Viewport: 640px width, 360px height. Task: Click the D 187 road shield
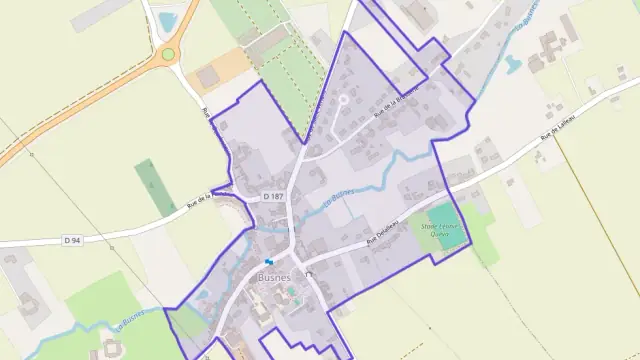tap(274, 197)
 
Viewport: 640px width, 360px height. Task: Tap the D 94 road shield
tap(71, 240)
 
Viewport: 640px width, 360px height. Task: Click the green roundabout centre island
tap(168, 54)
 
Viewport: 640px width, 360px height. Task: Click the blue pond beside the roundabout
tap(168, 20)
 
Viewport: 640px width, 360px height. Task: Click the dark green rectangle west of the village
tap(155, 187)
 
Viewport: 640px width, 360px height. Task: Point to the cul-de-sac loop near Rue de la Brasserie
tap(343, 100)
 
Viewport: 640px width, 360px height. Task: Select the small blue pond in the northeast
tap(512, 64)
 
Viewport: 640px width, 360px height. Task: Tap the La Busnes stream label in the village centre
tap(340, 199)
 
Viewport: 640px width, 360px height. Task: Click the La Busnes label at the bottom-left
tap(130, 321)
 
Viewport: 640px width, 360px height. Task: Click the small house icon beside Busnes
tap(295, 274)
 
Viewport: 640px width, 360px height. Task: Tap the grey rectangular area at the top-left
tap(101, 13)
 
